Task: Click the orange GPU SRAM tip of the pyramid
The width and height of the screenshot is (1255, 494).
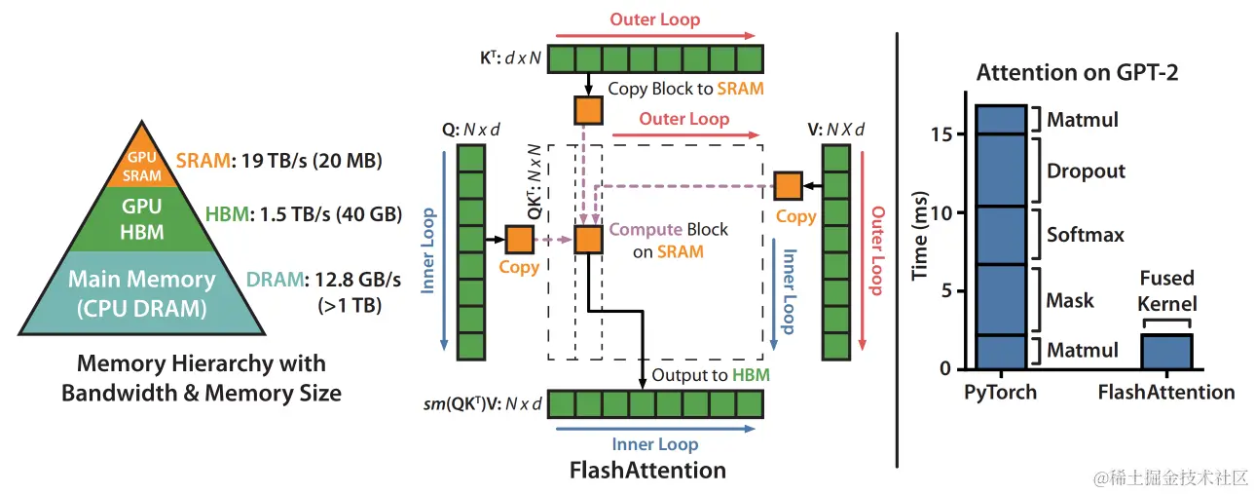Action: [142, 165]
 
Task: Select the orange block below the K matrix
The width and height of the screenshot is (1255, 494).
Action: [588, 109]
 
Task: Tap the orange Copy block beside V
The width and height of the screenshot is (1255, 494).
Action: [788, 184]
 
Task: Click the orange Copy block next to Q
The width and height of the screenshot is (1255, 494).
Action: [519, 239]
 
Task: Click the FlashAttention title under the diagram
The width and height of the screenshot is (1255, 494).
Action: [647, 471]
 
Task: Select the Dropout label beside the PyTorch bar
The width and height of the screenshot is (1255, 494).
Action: [1086, 171]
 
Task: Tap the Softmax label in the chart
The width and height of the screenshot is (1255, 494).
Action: [1086, 235]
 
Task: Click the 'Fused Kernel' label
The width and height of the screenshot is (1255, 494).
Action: [1167, 289]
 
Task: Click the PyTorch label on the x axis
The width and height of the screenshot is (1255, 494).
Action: [999, 393]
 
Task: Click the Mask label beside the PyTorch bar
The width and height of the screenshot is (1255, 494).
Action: [1071, 301]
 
